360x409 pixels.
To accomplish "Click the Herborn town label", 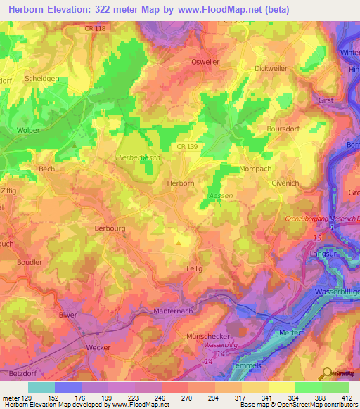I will tap(181, 182).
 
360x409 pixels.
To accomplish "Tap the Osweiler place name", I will tap(207, 62).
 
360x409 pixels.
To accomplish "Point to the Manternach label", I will tap(172, 310).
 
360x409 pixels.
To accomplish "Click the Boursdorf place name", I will tap(284, 129).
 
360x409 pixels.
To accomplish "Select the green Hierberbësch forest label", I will tap(137, 158).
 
